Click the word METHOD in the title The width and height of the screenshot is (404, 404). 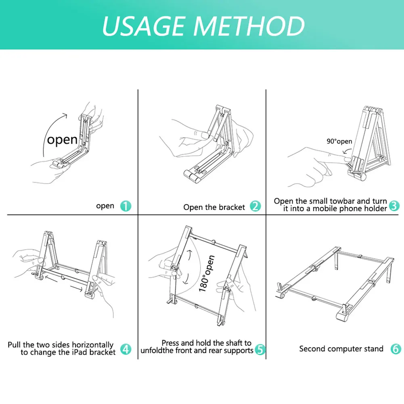point(249,26)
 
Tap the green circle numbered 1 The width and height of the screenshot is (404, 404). point(126,206)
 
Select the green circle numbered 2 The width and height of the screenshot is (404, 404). point(255,206)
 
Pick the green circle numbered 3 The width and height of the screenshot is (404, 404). point(394,205)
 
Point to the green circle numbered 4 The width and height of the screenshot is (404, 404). point(126,349)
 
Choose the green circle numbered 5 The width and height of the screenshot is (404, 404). point(260,350)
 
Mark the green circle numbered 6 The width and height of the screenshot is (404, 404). point(396,349)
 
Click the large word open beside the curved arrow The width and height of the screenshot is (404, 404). point(62,140)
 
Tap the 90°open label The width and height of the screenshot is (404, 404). point(339,141)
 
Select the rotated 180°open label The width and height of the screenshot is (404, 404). point(207,273)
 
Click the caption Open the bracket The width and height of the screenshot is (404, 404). point(214,207)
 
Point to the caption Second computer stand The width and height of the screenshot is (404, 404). point(341,349)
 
